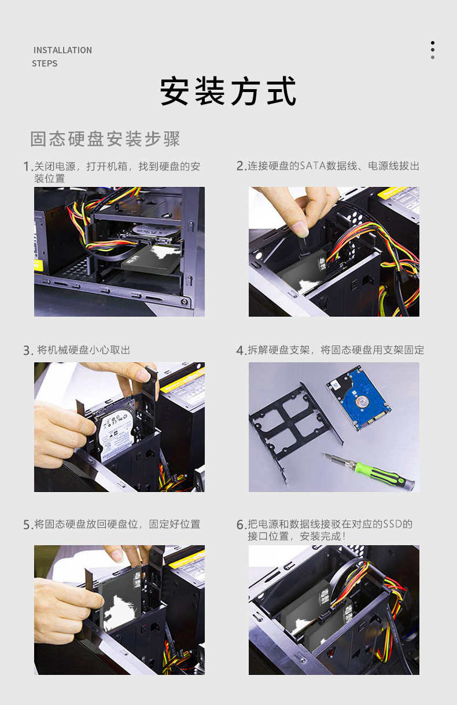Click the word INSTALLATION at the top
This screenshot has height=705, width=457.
coord(62,50)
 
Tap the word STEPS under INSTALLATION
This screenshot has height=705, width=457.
coord(45,64)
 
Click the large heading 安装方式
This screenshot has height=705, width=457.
coord(228,91)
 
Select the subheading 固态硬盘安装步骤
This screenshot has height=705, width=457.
coord(105,139)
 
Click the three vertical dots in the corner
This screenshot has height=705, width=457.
coord(433,50)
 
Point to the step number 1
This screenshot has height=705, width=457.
coord(27,167)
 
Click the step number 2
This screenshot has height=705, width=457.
coord(240,166)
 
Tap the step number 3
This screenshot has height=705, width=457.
coord(27,351)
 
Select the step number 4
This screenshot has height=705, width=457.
coord(240,350)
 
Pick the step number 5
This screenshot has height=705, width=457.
coord(27,524)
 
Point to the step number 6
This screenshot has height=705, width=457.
coord(240,524)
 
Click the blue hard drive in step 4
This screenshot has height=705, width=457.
coord(359,398)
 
